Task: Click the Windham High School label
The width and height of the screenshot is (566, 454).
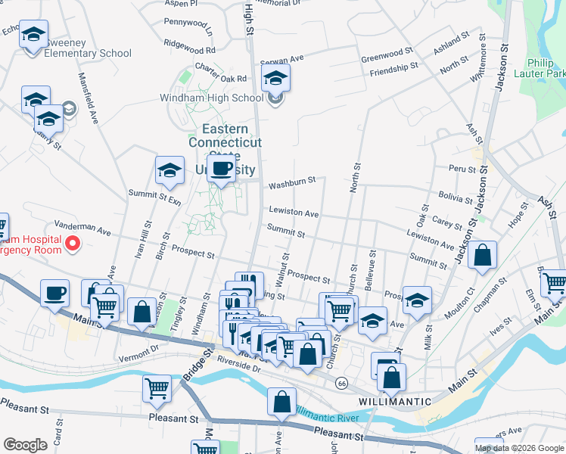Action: tap(210, 98)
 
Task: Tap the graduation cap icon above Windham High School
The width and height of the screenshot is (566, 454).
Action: tap(275, 77)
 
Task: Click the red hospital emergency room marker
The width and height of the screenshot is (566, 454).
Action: tap(73, 244)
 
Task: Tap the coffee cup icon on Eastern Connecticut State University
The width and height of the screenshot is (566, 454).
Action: tap(221, 169)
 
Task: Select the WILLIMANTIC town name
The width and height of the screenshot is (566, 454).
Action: tap(386, 401)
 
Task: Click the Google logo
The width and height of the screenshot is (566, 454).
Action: tap(24, 445)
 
